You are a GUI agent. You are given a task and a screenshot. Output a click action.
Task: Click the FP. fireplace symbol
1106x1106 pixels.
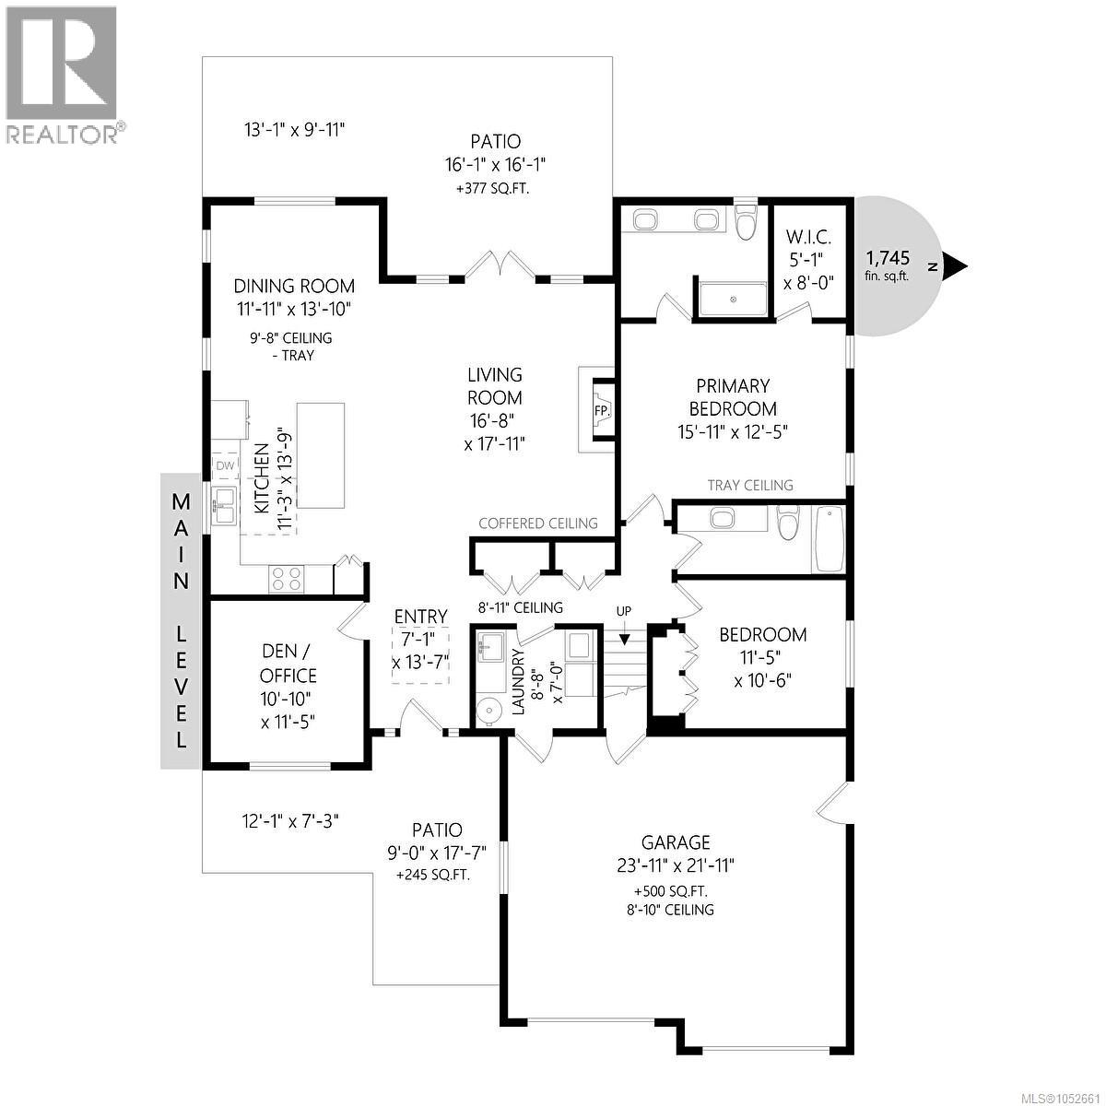(x=602, y=410)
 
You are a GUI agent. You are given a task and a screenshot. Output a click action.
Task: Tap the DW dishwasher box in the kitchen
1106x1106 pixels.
(x=225, y=466)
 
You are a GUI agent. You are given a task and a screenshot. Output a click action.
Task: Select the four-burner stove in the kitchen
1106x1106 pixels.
(x=287, y=579)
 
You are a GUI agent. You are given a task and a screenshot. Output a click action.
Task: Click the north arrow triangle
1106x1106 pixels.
(x=955, y=266)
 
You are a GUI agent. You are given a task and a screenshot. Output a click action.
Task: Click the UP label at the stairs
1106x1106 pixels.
(x=624, y=611)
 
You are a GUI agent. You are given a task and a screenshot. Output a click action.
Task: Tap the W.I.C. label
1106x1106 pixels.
(x=808, y=237)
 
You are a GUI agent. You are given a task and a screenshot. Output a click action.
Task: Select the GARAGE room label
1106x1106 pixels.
(x=676, y=842)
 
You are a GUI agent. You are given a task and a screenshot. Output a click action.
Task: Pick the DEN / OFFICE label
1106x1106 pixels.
(x=288, y=664)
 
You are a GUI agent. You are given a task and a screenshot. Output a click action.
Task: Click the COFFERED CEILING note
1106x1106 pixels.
(x=537, y=524)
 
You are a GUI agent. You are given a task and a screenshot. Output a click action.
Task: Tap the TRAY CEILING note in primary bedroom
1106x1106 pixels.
(x=750, y=486)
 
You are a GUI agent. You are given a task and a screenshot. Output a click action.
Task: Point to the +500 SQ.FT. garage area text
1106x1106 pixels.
(x=671, y=892)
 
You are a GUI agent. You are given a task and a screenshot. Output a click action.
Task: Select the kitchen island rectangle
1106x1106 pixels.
(x=321, y=455)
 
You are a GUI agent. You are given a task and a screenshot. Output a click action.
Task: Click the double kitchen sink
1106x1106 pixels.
(x=224, y=505)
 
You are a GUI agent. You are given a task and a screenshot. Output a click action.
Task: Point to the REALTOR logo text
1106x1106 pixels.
(x=64, y=135)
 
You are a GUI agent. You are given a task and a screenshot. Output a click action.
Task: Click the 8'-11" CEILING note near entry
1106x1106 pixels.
(x=520, y=607)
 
